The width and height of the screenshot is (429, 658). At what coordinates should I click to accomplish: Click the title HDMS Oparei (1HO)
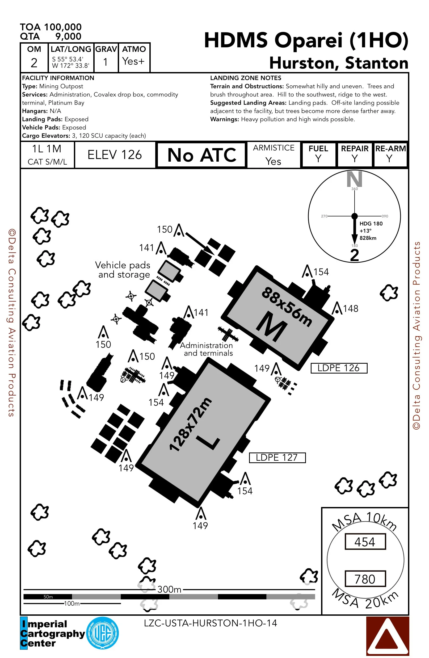[x=306, y=40]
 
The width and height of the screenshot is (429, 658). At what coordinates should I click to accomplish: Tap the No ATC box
[x=201, y=155]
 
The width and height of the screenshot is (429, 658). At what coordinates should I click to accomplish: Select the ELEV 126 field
[x=115, y=155]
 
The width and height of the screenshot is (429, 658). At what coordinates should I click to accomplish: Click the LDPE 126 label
[x=339, y=368]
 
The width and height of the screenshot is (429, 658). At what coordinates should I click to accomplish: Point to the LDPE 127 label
[x=277, y=458]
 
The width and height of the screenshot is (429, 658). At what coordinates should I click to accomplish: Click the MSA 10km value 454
[x=365, y=542]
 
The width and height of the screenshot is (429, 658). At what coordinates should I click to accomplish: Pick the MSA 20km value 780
[x=365, y=579]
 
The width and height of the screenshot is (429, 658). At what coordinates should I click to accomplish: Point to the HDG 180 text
[x=371, y=224]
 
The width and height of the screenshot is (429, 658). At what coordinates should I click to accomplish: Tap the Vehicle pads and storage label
[x=123, y=270]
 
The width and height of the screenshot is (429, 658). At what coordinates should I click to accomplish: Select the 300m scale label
[x=169, y=589]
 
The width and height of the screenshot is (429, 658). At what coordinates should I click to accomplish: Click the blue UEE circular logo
[x=103, y=633]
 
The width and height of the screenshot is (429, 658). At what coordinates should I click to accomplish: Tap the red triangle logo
[x=388, y=636]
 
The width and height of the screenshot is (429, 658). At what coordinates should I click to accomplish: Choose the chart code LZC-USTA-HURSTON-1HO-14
[x=210, y=623]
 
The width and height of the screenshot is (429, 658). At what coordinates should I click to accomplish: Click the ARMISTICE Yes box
[x=274, y=155]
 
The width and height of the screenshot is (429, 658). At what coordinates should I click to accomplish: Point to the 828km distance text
[x=368, y=238]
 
